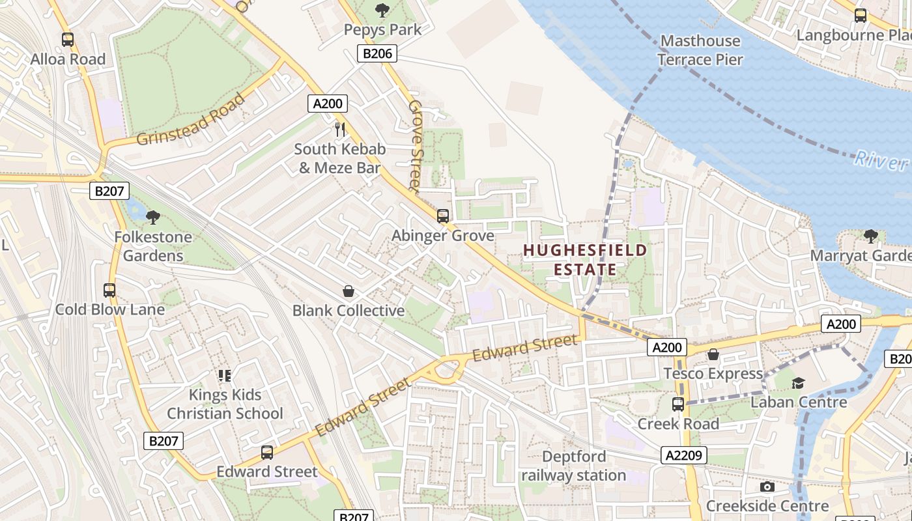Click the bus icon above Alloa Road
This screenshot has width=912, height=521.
[68, 40]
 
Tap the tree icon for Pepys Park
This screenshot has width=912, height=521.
[382, 10]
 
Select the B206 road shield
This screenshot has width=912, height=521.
[377, 53]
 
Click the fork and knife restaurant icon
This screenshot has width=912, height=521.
[339, 129]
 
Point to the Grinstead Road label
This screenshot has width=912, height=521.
[192, 120]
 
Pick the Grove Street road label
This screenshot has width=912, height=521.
[415, 145]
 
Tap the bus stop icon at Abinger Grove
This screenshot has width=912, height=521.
[443, 216]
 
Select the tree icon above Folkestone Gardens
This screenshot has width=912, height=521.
[153, 217]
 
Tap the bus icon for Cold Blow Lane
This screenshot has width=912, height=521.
[109, 290]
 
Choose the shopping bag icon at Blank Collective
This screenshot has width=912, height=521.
[349, 291]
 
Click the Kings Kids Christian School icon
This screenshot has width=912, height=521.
[225, 375]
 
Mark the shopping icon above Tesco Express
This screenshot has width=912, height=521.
[713, 354]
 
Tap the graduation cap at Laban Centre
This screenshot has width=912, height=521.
[799, 383]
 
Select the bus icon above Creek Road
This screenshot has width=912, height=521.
[678, 404]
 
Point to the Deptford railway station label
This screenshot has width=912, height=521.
[574, 466]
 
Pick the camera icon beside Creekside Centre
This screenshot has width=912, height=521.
[767, 486]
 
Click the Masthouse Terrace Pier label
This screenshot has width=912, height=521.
[700, 50]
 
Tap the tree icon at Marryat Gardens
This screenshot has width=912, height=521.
[870, 236]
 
